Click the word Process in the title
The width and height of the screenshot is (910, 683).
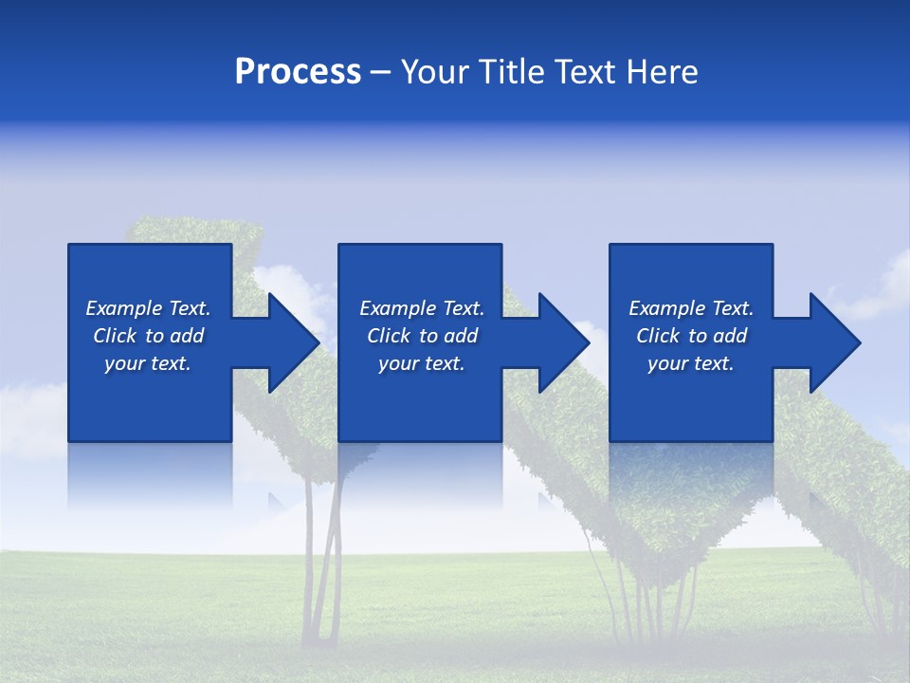298,72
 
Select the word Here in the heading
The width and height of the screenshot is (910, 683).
661,72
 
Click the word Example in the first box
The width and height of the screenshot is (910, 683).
123,308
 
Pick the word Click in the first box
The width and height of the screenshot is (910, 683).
116,336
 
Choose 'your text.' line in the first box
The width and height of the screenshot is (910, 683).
148,363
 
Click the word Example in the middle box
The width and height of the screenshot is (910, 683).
397,308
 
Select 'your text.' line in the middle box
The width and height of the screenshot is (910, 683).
421,363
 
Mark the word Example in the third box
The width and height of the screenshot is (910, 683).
666,308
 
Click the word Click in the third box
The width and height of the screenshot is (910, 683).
658,336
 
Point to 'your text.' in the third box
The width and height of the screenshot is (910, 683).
690,363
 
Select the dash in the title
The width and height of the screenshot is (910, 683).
380,72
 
